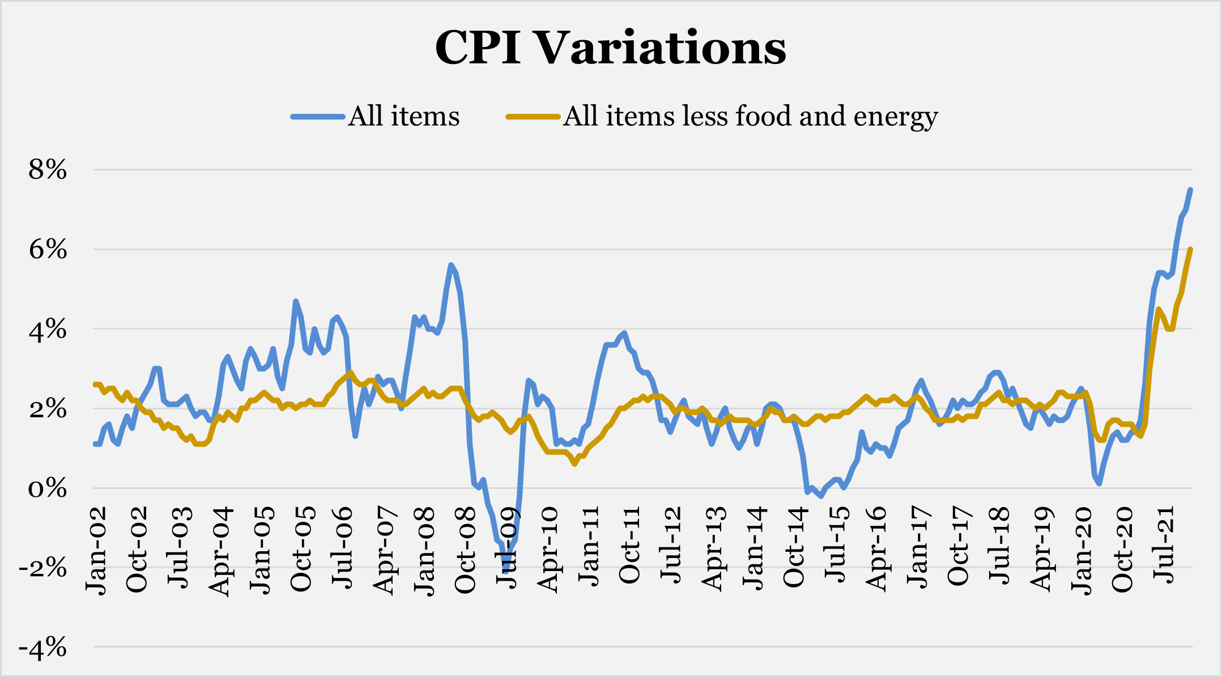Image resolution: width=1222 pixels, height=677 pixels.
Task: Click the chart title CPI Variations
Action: pos(610,48)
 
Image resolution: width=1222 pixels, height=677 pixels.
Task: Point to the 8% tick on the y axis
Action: pos(48,170)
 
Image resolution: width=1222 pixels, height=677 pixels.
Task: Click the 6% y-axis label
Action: pos(48,249)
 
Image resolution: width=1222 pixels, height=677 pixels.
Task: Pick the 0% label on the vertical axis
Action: pos(48,488)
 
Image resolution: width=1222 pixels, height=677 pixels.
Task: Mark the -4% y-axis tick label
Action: pos(43,647)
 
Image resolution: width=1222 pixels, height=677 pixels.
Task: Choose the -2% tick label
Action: pos(43,568)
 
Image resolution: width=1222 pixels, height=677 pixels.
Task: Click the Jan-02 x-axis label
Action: pos(96,551)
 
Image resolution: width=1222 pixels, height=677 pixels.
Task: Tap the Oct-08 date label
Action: pos(466,551)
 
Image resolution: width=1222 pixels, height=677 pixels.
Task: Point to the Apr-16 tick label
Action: pos(876,551)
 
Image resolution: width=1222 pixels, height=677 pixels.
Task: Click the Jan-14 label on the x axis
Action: pos(753,551)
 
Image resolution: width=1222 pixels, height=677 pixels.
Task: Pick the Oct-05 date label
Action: pos(301,551)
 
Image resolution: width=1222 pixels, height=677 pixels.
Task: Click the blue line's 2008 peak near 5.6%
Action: pos(451,265)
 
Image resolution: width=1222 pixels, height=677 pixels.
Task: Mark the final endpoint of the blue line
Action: pos(1190,190)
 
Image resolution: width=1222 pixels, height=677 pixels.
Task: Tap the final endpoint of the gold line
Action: pos(1190,249)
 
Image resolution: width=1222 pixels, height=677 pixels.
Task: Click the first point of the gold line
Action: pos(95,385)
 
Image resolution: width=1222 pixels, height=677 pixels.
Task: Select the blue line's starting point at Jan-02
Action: pos(95,444)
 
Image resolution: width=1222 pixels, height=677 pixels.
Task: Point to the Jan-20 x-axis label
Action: pos(1082,551)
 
